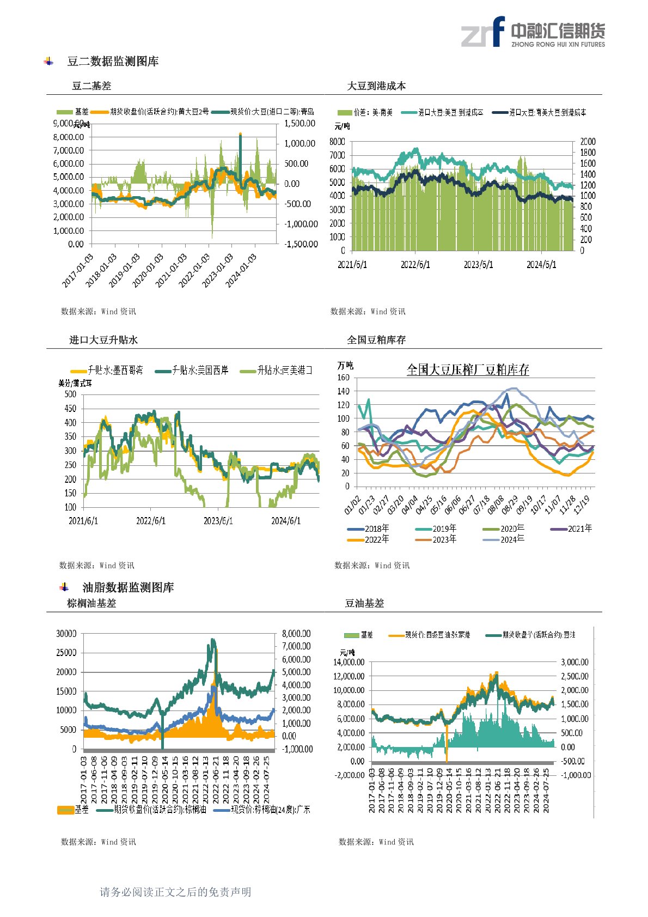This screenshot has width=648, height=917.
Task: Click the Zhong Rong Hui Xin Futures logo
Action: click(x=533, y=32)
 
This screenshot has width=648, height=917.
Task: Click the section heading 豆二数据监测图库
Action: click(x=113, y=62)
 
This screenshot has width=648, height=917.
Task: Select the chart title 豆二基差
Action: click(x=91, y=86)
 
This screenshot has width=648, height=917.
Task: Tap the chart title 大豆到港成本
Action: click(x=376, y=86)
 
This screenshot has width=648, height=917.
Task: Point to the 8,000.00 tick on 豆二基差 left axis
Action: click(x=69, y=137)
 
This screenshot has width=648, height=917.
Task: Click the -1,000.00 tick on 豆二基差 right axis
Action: click(x=301, y=224)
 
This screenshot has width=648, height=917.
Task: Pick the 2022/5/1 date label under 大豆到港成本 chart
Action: click(x=415, y=265)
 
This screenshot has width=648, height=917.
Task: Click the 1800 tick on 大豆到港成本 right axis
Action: click(x=588, y=153)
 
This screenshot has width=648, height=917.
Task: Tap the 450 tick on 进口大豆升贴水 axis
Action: click(x=70, y=409)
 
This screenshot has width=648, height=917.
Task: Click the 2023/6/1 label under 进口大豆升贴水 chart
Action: click(x=218, y=521)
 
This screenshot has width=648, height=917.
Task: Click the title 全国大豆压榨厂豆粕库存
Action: click(x=468, y=370)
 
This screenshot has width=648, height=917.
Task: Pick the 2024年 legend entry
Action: click(x=512, y=539)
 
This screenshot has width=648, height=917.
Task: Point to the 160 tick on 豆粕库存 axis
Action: click(x=343, y=378)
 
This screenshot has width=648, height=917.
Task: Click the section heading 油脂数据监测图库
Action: click(x=128, y=587)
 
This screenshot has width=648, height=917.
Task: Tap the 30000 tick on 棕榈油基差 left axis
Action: click(x=66, y=634)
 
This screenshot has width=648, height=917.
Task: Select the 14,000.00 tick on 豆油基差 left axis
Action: click(x=349, y=663)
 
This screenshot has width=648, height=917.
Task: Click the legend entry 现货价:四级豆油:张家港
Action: click(x=437, y=635)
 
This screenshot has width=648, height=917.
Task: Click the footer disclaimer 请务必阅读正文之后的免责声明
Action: click(x=175, y=892)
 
